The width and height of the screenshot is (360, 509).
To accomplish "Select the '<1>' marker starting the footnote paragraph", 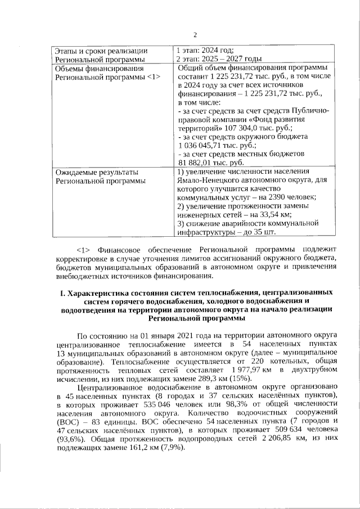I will click(x=84, y=249).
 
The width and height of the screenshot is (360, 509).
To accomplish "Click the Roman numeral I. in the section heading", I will click(x=62, y=293).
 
